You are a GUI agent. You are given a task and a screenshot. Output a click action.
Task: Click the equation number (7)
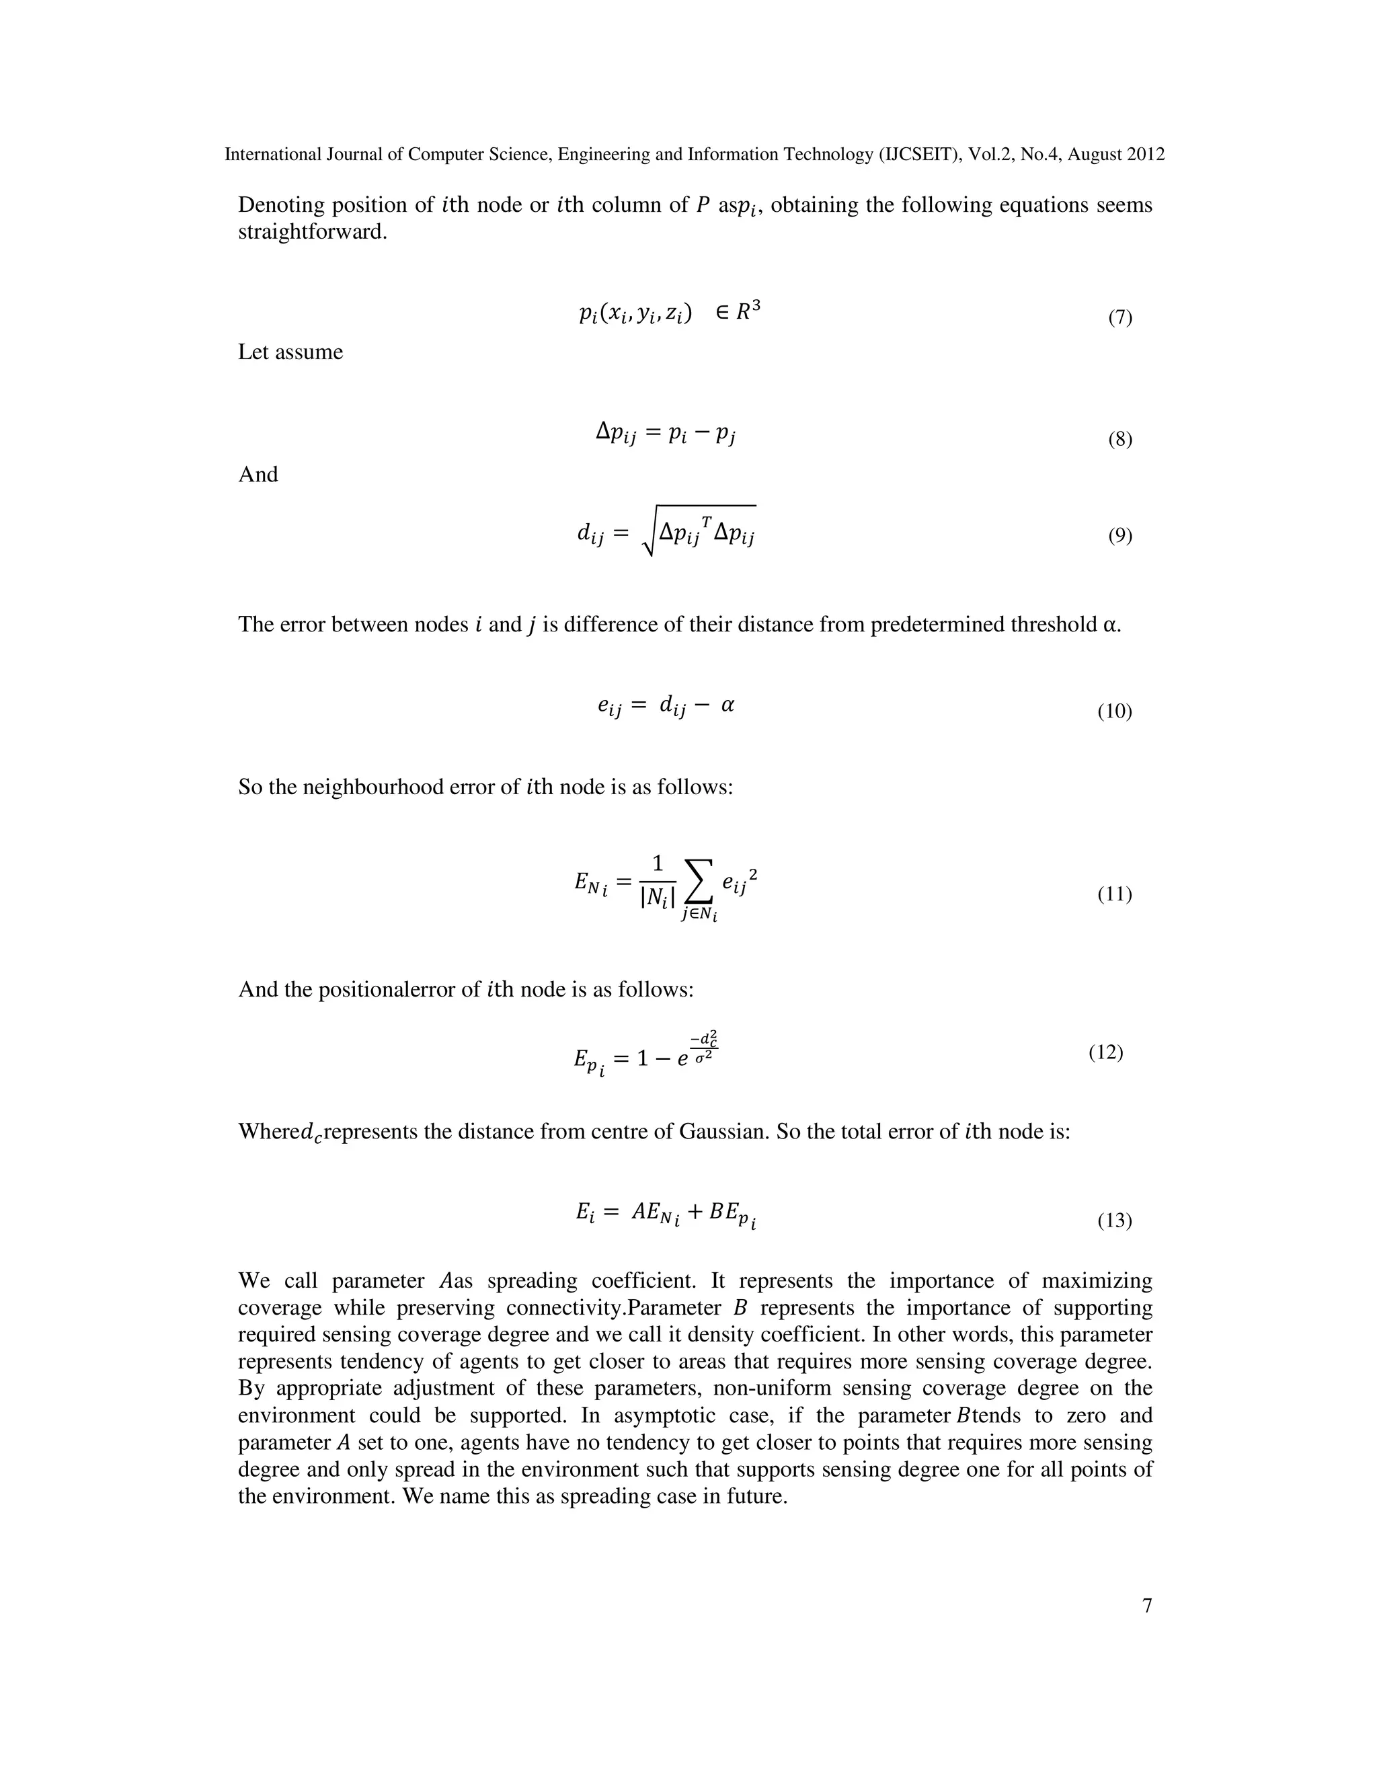(x=1119, y=317)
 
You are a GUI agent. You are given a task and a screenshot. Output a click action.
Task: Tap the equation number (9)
(x=1119, y=535)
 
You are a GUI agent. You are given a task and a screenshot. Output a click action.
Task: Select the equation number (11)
(x=1114, y=894)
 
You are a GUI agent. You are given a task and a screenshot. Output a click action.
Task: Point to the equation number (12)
(x=1105, y=1052)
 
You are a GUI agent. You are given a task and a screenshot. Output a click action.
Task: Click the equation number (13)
(x=1114, y=1221)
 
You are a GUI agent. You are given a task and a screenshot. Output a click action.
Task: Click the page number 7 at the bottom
(x=1147, y=1606)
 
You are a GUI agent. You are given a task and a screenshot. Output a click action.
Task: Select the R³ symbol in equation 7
(x=748, y=311)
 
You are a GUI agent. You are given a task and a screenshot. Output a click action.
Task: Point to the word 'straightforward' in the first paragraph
(x=311, y=232)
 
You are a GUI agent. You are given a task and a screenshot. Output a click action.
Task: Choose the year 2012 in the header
(x=1145, y=154)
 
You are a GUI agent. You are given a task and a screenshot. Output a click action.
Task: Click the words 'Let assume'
(x=290, y=352)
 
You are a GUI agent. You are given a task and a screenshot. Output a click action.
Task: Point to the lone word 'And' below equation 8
(x=258, y=474)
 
